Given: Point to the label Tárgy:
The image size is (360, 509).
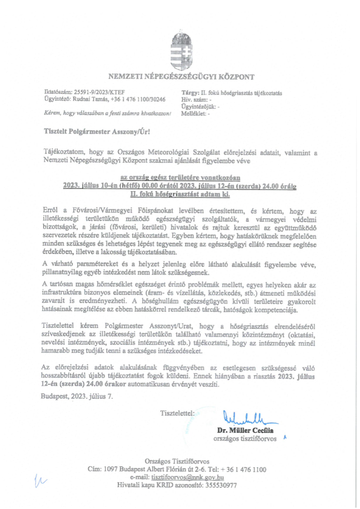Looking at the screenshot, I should tap(190, 93).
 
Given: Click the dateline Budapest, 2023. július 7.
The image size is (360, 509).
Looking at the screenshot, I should tap(77, 396).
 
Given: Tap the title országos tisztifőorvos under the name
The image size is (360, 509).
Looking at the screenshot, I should tap(245, 439).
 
